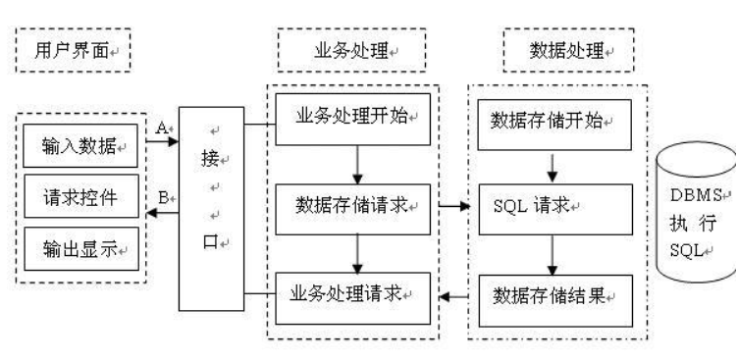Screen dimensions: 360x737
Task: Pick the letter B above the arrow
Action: pyautogui.click(x=162, y=196)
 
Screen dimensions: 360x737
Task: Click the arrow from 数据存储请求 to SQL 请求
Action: pyautogui.click(x=454, y=207)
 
